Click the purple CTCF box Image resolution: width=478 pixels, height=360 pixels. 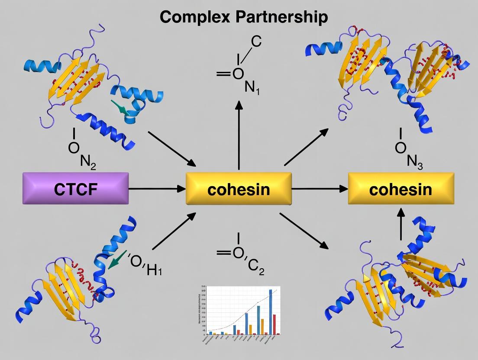pyautogui.click(x=75, y=188)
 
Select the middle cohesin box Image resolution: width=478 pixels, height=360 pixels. pyautogui.click(x=239, y=188)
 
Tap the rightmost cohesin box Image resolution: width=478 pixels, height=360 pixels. pyautogui.click(x=401, y=188)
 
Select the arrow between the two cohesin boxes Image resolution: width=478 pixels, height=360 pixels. pyautogui.click(x=320, y=189)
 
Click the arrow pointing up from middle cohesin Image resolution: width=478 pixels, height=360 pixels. pyautogui.click(x=239, y=134)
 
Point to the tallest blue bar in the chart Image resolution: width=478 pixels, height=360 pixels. pyautogui.click(x=271, y=312)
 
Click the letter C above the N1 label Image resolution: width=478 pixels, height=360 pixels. pyautogui.click(x=256, y=42)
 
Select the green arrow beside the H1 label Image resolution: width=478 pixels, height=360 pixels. pyautogui.click(x=116, y=259)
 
